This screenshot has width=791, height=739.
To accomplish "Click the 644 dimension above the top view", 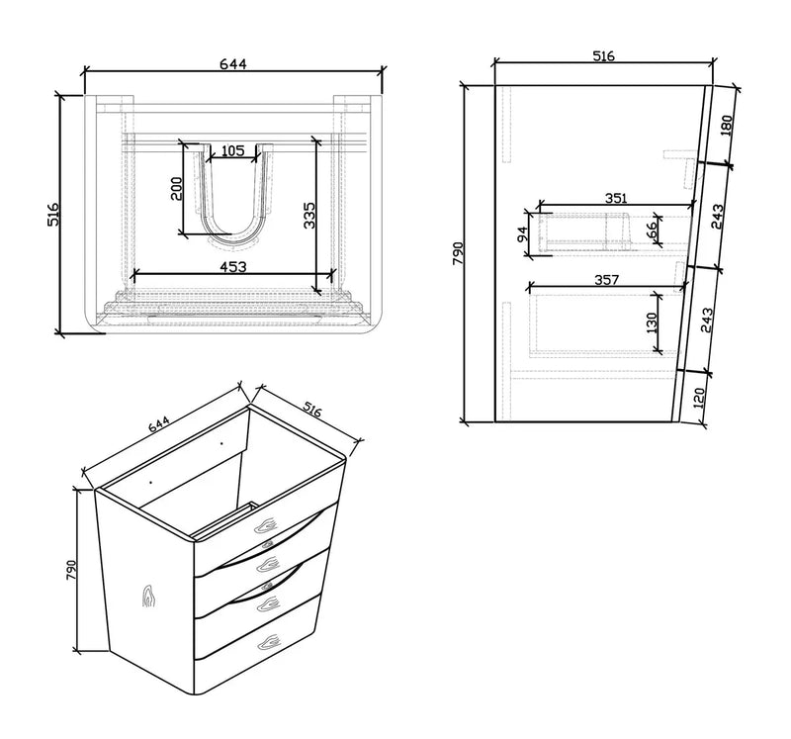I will tap(231, 64).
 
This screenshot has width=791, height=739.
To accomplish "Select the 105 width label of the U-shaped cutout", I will tap(232, 151).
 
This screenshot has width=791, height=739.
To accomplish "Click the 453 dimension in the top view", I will tap(232, 266).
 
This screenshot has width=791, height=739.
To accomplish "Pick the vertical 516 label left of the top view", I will tap(55, 216).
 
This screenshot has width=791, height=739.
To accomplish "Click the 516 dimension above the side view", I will tap(603, 56).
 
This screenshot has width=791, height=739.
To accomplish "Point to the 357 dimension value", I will tap(606, 280).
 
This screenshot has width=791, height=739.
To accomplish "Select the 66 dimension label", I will tap(652, 229).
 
